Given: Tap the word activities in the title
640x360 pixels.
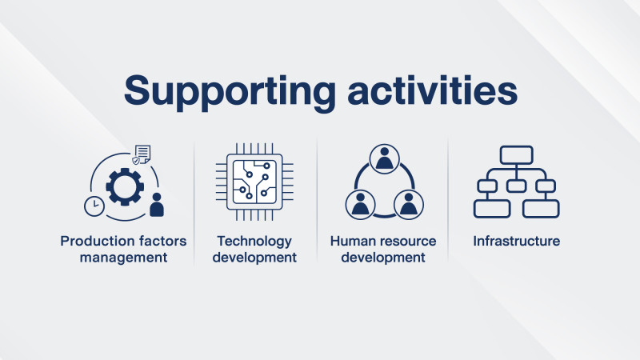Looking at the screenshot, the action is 432,90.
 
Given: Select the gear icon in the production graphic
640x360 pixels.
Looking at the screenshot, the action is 125,186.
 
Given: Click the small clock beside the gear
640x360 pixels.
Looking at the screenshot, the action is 94,206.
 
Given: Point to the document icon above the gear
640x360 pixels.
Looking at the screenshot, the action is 143,154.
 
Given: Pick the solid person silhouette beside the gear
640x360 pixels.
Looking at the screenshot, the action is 157,205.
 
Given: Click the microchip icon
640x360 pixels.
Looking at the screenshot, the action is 254,182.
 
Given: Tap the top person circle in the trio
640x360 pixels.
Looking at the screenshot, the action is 384,158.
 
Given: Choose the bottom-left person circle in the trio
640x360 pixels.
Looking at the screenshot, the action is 360,205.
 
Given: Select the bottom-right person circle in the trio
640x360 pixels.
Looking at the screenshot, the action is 409,205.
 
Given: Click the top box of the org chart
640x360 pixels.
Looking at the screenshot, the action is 516,155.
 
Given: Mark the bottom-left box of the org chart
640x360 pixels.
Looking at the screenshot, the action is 492,209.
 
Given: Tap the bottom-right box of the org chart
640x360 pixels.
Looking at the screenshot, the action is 541,209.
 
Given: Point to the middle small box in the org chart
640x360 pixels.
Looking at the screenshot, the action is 516,186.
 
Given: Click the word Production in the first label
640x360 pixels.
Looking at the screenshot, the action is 94,241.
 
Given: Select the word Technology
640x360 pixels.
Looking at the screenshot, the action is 254,242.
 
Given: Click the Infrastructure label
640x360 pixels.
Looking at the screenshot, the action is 516,241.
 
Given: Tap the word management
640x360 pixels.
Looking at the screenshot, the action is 124,258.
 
